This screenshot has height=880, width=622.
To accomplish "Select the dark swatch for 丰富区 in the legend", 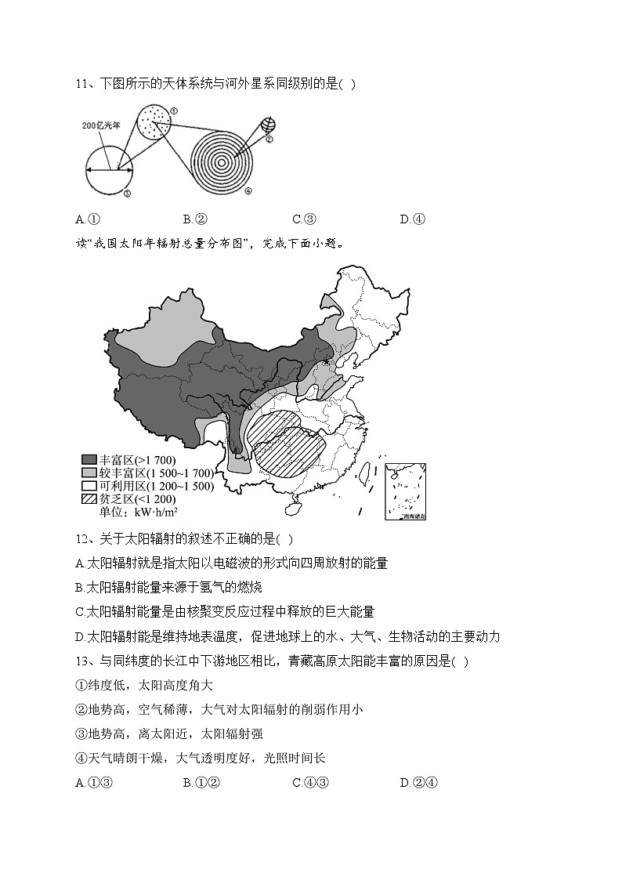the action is (89, 459).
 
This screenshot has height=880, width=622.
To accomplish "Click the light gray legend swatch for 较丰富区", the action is (89, 473).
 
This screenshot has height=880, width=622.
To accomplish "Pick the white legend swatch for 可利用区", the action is (89, 486).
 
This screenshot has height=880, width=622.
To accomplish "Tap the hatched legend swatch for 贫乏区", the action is (89, 499).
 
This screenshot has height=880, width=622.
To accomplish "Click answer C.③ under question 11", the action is (303, 219).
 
